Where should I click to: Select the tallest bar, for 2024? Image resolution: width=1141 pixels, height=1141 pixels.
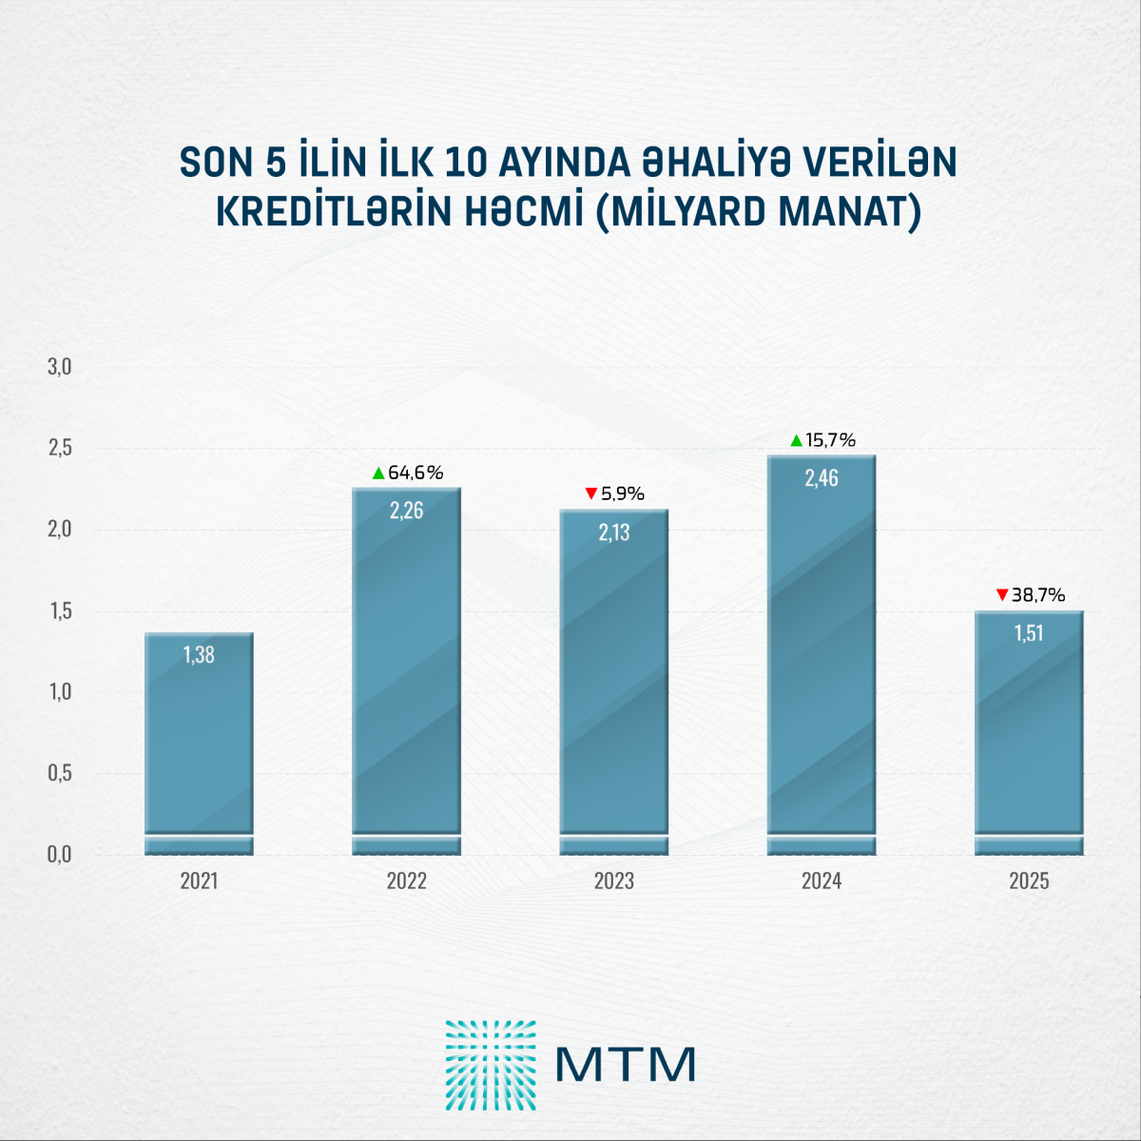[x=822, y=655]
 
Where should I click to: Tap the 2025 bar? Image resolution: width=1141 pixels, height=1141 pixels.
[x=1029, y=733]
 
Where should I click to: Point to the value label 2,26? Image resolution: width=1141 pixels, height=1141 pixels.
[x=407, y=511]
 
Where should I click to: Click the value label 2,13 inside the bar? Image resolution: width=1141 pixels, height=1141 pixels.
[x=614, y=532]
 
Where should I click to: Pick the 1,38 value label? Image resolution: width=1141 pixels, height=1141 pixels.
[x=199, y=655]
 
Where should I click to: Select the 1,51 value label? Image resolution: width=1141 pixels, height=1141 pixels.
[x=1029, y=633]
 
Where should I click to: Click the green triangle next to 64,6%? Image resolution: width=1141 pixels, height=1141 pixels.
[x=378, y=473]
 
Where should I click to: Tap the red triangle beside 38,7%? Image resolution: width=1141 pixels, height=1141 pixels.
[x=1001, y=595]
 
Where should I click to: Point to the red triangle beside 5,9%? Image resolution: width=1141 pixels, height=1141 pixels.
[x=591, y=493]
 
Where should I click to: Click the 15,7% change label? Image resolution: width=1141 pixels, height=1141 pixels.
[x=830, y=440]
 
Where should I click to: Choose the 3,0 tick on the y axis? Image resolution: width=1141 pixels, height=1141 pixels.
[x=60, y=367]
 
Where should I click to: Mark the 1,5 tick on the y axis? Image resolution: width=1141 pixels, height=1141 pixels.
[x=60, y=610]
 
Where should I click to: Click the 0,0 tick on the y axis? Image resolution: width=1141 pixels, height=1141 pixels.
[x=60, y=855]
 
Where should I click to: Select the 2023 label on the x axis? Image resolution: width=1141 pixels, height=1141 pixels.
[x=614, y=881]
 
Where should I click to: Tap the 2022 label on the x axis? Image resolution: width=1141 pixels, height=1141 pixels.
[x=407, y=881]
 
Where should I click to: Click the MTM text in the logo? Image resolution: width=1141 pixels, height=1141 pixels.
[x=626, y=1065]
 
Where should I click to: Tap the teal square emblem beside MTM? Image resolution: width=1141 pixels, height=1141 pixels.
[x=491, y=1065]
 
